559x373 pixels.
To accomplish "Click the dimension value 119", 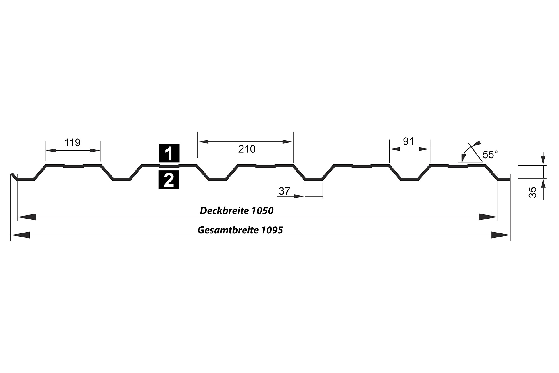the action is click(x=72, y=142).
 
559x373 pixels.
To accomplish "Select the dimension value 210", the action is click(x=247, y=149).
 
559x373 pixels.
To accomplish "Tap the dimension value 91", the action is click(x=408, y=141).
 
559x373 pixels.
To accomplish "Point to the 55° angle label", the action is click(x=490, y=155).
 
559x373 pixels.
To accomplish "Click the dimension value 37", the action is click(x=284, y=191).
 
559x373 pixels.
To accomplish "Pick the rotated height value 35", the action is click(x=533, y=192).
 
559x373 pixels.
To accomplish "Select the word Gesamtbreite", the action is click(x=228, y=230).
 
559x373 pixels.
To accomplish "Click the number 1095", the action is click(x=272, y=230).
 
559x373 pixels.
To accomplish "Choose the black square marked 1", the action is click(x=169, y=153).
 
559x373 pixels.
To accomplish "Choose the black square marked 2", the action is click(x=169, y=180).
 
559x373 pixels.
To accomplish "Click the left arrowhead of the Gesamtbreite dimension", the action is click(x=20, y=235).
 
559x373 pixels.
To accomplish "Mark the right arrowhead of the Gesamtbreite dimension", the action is click(x=501, y=235).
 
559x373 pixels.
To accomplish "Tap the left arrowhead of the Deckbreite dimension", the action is click(x=27, y=217).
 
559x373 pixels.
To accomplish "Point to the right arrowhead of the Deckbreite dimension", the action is click(x=488, y=217).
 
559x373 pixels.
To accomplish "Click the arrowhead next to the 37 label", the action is click(x=299, y=196).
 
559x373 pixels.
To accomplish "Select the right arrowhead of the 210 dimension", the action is click(x=288, y=142).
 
